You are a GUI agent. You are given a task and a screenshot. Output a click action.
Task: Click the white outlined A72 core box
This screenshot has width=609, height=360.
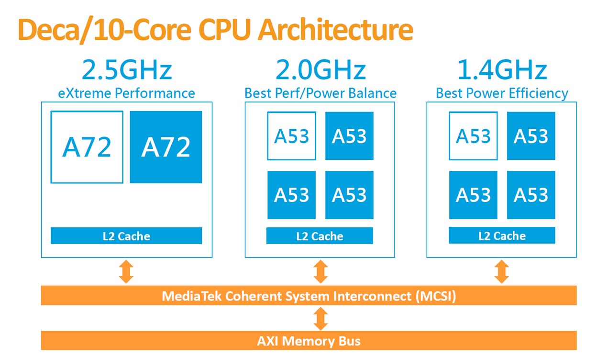tap(87, 147)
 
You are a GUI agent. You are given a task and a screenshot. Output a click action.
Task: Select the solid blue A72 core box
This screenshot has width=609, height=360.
tap(166, 147)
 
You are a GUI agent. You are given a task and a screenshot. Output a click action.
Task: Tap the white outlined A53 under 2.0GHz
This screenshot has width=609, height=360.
tap(291, 136)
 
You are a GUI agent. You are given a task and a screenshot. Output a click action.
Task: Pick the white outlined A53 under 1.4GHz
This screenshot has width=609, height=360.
tap(473, 136)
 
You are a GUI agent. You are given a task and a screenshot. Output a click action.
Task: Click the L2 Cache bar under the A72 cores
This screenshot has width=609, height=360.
tap(126, 236)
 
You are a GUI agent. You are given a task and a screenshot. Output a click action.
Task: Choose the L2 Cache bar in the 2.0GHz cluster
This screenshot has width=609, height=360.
tap(320, 236)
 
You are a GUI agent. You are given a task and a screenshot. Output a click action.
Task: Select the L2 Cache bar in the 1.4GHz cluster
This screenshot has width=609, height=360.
tap(502, 236)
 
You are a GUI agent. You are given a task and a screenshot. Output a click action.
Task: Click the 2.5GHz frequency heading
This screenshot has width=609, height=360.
tap(127, 70)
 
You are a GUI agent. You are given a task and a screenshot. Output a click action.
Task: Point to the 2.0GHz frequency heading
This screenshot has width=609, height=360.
tap(321, 70)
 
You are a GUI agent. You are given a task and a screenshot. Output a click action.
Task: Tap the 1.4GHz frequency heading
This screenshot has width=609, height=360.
tap(502, 70)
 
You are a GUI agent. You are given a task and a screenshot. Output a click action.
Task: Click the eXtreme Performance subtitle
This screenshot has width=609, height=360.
tap(127, 93)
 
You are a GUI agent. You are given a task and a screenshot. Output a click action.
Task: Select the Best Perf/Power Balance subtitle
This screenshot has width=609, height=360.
tap(321, 93)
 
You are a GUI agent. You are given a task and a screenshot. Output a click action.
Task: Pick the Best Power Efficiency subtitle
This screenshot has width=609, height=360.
tap(502, 93)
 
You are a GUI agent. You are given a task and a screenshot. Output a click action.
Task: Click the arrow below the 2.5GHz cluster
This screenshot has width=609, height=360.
tap(126, 271)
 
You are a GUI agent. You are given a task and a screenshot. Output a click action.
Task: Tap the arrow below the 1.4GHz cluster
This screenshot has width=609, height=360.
tap(502, 271)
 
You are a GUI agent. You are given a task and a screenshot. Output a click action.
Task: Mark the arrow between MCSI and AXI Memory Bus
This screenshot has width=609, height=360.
tap(321, 318)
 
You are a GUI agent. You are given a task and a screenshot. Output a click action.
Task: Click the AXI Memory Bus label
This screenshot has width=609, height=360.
tap(309, 341)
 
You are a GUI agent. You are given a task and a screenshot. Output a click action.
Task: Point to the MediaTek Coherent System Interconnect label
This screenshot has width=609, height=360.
tap(309, 296)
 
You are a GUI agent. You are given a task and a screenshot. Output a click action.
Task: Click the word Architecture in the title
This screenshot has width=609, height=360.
tap(335, 30)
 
